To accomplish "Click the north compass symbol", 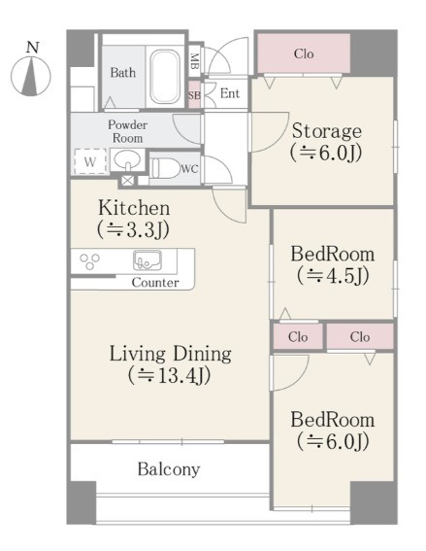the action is pyautogui.click(x=31, y=76).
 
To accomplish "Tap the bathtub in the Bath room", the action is pyautogui.click(x=164, y=76).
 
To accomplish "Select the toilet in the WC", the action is pyautogui.click(x=165, y=167).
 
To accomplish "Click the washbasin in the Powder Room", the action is pyautogui.click(x=127, y=160).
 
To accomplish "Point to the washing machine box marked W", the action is pyautogui.click(x=90, y=161).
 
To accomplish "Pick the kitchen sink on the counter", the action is pyautogui.click(x=147, y=260).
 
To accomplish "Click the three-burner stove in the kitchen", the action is pyautogui.click(x=89, y=261).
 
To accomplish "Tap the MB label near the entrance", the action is pyautogui.click(x=194, y=60).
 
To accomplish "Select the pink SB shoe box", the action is pyautogui.click(x=194, y=95).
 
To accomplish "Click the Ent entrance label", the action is pyautogui.click(x=230, y=93).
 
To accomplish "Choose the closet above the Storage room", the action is pyautogui.click(x=304, y=53).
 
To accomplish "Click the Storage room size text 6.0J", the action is pyautogui.click(x=326, y=153).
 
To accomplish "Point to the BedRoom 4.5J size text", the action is pyautogui.click(x=333, y=276).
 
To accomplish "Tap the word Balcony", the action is pyautogui.click(x=169, y=469).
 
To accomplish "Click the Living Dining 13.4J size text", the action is pyautogui.click(x=170, y=375).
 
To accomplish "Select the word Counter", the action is pyautogui.click(x=155, y=283).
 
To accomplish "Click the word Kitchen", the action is pyautogui.click(x=134, y=208).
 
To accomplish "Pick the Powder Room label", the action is pyautogui.click(x=127, y=131).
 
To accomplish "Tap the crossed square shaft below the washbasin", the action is pyautogui.click(x=127, y=181).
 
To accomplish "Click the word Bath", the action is pyautogui.click(x=123, y=73).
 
